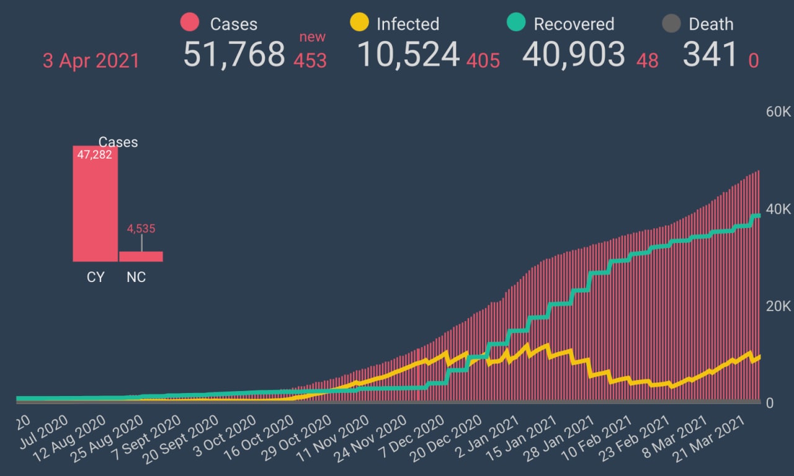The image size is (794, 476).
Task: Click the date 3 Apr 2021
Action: (91, 61)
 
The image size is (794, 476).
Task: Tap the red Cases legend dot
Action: (189, 23)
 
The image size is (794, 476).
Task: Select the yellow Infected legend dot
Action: (359, 23)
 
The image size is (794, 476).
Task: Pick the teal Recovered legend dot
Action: (516, 23)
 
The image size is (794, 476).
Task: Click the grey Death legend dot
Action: (672, 24)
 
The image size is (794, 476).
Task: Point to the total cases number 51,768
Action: (234, 54)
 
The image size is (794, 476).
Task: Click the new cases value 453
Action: (310, 61)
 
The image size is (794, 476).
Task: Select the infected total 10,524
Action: (409, 54)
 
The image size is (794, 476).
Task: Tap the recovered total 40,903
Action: (573, 54)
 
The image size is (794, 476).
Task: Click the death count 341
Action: (710, 54)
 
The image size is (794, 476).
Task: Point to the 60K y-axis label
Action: (778, 112)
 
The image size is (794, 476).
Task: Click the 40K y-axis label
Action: (778, 209)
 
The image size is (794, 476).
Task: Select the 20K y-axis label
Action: (778, 306)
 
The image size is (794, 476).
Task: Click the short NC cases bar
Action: (141, 256)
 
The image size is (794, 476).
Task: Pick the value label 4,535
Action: (141, 229)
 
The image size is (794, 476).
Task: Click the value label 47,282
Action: (94, 154)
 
